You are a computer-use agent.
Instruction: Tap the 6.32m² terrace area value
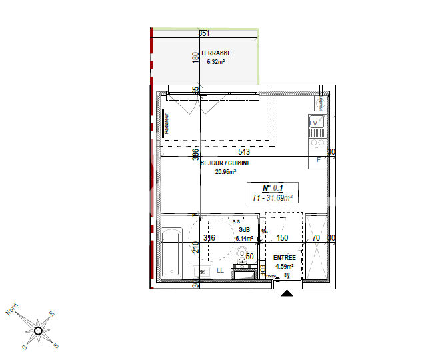point(215,62)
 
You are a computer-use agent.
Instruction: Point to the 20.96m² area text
point(225,171)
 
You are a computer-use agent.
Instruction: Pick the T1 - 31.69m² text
point(273,197)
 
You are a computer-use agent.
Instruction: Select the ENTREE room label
point(284,258)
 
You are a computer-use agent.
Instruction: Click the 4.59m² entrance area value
point(284,267)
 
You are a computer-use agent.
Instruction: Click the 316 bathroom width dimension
point(209,238)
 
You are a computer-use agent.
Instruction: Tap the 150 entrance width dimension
point(282,238)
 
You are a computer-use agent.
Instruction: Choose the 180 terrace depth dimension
point(195,57)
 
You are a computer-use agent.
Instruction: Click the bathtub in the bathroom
point(173,253)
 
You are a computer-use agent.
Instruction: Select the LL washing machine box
point(219,270)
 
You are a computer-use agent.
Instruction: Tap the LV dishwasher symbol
point(315,123)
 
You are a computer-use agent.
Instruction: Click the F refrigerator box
point(318,160)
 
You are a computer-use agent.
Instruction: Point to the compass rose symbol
point(38,329)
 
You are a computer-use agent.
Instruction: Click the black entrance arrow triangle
point(287,293)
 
